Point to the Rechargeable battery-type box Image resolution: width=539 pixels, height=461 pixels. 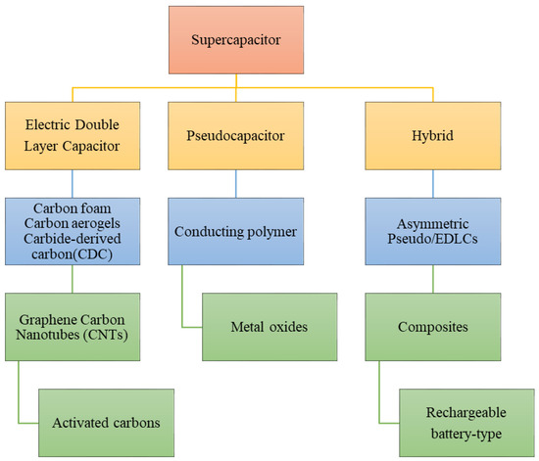(465, 422)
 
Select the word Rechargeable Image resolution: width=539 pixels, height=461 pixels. (465, 412)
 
